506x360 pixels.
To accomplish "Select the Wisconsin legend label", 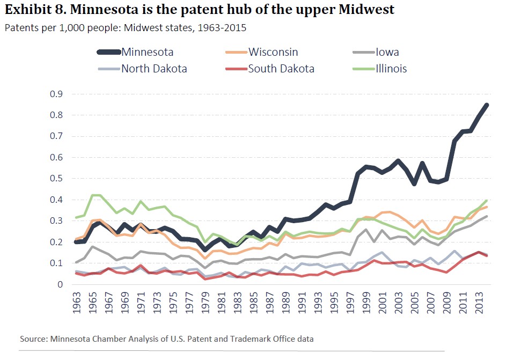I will tap(273, 52).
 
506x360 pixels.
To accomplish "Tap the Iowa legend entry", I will tap(387, 52).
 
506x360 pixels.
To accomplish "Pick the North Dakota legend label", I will tap(154, 68).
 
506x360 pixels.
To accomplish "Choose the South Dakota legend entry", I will tap(281, 68).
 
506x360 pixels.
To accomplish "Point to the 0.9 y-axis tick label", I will tap(56, 94).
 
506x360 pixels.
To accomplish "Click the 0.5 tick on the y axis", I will tap(56, 179).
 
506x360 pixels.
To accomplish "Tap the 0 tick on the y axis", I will tap(60, 284).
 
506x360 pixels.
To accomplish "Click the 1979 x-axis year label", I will tap(204, 303).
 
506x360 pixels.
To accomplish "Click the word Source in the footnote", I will tap(33, 339).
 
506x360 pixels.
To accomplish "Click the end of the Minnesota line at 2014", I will tap(487, 105).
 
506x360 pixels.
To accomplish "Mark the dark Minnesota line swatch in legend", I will tap(108, 52).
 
